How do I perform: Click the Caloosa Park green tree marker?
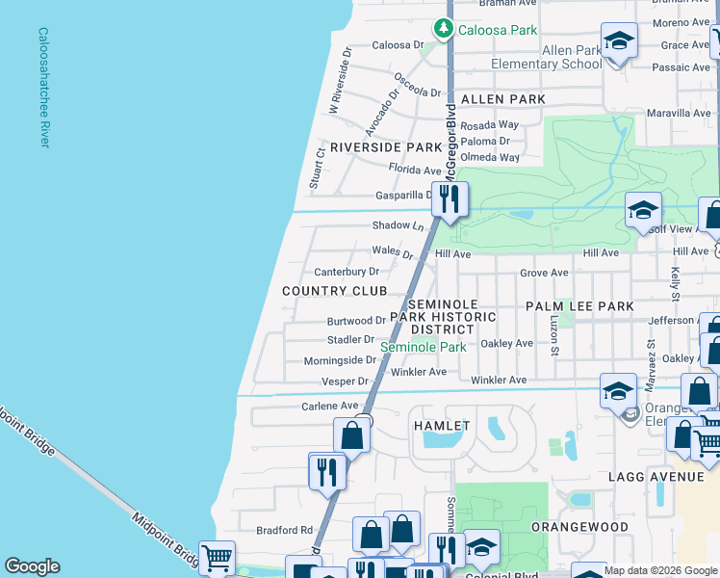[443, 29]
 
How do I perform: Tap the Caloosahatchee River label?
[43, 87]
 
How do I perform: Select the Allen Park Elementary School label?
[546, 57]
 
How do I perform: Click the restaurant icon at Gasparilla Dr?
[450, 199]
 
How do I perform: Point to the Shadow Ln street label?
[398, 225]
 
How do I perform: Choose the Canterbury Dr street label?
[347, 272]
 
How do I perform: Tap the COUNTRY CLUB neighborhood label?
[334, 290]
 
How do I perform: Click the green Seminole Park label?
[424, 347]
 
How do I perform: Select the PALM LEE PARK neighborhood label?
[579, 306]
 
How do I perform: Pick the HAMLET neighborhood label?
[441, 425]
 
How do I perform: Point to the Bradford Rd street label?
[285, 530]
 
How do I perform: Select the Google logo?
[32, 566]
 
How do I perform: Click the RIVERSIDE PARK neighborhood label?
[385, 147]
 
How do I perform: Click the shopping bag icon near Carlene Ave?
[352, 434]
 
